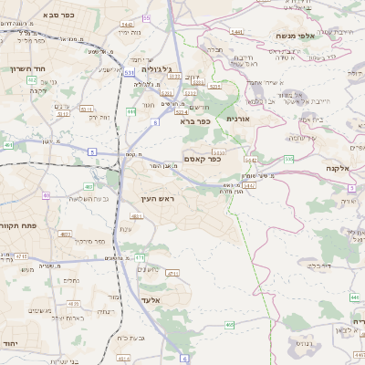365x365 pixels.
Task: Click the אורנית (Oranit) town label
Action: (x=237, y=119)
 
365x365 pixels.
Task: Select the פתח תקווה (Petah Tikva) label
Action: (x=18, y=224)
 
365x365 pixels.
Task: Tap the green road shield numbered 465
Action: (x=230, y=324)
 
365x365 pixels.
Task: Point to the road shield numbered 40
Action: (x=46, y=195)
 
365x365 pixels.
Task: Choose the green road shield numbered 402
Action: (x=33, y=80)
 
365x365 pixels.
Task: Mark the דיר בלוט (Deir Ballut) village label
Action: (x=318, y=266)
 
